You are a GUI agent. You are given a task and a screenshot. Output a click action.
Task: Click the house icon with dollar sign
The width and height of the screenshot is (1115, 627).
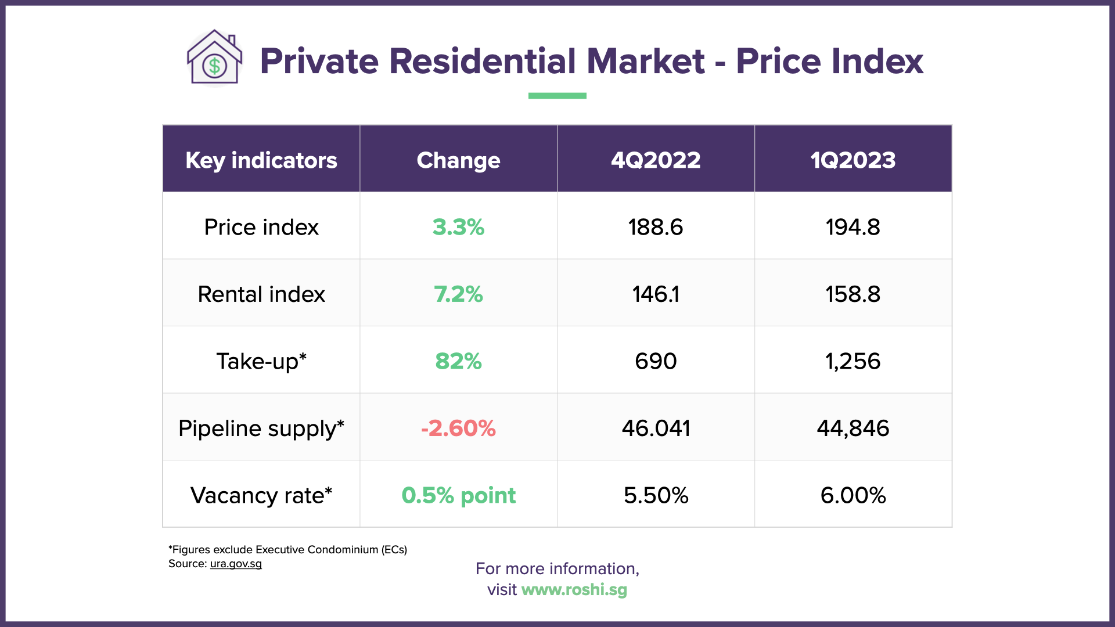click(214, 58)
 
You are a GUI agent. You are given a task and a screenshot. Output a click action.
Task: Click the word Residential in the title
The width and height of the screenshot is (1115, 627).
click(483, 61)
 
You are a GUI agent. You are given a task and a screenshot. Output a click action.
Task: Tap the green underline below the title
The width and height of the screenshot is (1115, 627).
click(557, 96)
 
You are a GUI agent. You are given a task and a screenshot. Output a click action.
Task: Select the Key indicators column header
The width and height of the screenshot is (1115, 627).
click(261, 160)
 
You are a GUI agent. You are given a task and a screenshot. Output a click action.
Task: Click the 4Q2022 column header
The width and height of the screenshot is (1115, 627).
click(656, 160)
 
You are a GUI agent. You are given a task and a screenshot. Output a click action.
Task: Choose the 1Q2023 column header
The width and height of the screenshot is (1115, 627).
click(853, 160)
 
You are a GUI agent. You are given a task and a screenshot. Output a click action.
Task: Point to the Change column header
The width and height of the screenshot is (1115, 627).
click(458, 160)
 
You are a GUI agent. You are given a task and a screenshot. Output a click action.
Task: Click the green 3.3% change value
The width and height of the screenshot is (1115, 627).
click(458, 227)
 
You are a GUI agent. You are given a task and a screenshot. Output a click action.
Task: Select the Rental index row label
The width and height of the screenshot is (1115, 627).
click(261, 294)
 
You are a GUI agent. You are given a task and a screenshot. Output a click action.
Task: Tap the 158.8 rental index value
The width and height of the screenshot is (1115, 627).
click(853, 294)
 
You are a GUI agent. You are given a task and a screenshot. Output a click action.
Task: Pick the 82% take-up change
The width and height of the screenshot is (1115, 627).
click(458, 361)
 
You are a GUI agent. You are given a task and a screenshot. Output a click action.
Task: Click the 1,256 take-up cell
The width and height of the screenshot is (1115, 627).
click(853, 361)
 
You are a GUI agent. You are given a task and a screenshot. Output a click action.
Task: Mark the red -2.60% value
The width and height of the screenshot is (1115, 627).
click(458, 428)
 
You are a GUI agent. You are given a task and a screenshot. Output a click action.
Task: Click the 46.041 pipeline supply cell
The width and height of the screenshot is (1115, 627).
click(656, 428)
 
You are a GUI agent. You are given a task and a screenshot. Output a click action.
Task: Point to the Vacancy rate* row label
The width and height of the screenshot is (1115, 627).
click(261, 495)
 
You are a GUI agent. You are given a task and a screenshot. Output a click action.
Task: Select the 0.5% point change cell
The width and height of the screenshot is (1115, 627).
click(458, 495)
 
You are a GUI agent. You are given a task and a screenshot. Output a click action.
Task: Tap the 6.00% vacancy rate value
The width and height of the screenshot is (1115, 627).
click(853, 495)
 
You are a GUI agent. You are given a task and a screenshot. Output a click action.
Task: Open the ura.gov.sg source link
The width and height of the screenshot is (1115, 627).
click(236, 564)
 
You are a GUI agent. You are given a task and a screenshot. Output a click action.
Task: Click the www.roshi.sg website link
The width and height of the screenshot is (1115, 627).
click(574, 590)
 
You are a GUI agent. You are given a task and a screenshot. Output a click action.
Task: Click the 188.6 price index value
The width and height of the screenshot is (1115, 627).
click(656, 227)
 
